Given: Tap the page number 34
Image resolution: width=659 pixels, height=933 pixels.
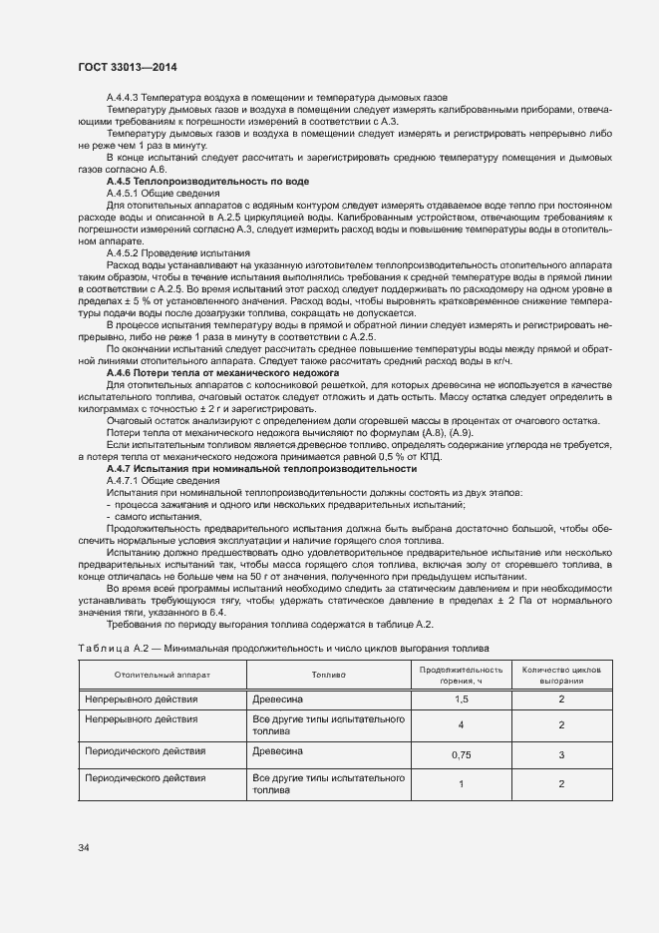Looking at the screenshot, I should pos(84,848).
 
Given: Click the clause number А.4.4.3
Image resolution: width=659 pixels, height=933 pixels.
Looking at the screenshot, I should pos(126,97).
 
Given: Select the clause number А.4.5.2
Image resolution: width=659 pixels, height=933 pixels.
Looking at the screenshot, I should pos(126,253).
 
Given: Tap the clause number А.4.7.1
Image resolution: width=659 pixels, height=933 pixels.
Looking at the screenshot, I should pos(126,480).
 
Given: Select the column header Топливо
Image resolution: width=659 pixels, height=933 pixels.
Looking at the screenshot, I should pos(328,675).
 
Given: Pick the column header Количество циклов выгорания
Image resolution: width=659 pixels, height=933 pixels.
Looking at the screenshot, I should pos(561,675).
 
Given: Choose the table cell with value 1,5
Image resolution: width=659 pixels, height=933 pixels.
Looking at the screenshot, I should pos(461,700).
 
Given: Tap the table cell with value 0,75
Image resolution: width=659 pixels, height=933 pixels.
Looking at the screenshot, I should pos(461,755).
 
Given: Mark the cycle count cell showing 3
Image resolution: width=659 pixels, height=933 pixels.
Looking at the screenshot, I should pos(561,755).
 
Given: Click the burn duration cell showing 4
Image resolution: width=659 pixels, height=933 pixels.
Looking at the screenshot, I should pos(461,725).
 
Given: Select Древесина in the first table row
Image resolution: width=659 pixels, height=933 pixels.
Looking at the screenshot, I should pos(278,700).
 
